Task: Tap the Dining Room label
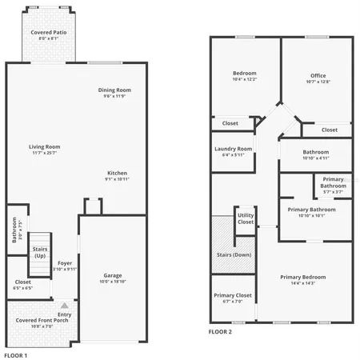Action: pos(114,90)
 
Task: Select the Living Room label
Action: pos(45,146)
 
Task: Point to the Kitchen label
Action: pos(117,173)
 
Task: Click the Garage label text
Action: pos(113,274)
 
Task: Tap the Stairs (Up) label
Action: pos(39,252)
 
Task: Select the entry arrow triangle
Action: pos(65,306)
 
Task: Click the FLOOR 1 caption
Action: pos(15,354)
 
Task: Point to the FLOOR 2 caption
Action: pos(220,331)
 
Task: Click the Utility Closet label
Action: pos(246,218)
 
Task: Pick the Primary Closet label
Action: pos(233,295)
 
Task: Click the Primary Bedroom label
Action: pos(303,277)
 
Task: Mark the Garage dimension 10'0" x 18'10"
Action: pos(113,282)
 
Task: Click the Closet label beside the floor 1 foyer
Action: pos(22,282)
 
